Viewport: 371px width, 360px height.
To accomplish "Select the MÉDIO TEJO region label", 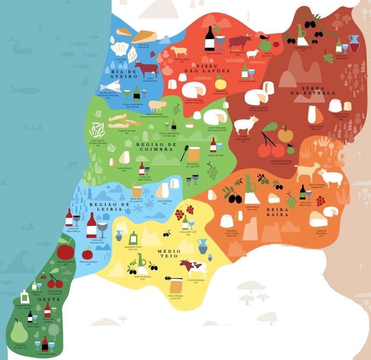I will click(x=169, y=254).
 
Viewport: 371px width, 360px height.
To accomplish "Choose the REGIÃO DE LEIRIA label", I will click(x=109, y=207).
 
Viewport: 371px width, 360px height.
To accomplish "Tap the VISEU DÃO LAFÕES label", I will click(x=207, y=67).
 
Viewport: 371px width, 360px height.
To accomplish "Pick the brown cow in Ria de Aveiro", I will click(x=146, y=68).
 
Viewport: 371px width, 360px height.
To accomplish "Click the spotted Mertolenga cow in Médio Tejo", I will click(x=193, y=268).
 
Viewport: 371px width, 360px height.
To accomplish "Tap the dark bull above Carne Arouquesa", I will click(x=241, y=42).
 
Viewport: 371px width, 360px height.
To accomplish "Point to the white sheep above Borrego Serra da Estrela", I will click(x=246, y=125).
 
